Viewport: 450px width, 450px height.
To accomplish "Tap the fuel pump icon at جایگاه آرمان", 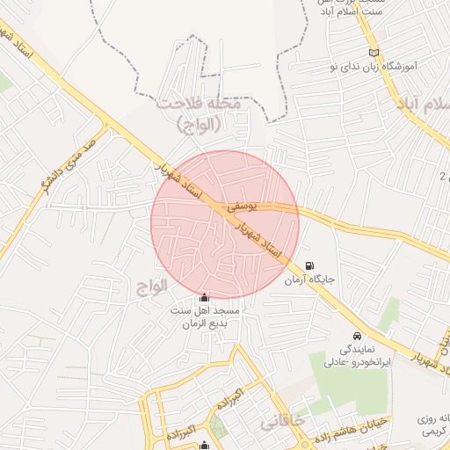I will point(308,265).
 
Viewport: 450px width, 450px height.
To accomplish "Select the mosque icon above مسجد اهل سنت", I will point(205,298).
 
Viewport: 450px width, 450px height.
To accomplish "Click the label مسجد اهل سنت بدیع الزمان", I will point(205,317).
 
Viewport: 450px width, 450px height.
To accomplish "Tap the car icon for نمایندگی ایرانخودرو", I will point(357,336).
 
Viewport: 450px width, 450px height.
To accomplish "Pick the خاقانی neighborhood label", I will point(282,423).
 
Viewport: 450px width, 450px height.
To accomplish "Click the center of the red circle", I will point(225,224).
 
